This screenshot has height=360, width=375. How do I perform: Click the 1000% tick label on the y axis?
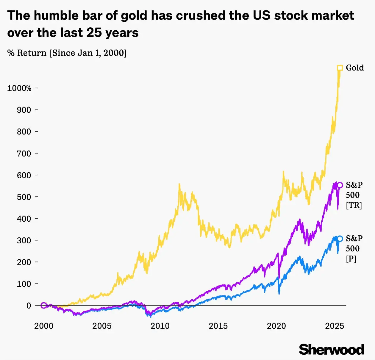pos(19,88)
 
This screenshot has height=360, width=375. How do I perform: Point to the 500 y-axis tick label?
pos(24,197)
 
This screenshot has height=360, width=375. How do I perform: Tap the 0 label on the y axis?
pos(29,306)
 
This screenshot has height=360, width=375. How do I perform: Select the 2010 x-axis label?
pos(160,326)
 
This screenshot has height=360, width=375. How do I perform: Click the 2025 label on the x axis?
pos(335,326)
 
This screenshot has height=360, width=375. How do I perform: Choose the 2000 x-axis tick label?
pos(44,326)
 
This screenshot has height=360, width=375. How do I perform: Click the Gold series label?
pos(355,68)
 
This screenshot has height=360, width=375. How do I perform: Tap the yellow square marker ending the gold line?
pos(340,68)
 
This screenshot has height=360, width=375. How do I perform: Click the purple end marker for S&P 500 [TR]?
pos(340,185)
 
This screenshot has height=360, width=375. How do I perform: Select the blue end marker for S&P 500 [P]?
pos(340,239)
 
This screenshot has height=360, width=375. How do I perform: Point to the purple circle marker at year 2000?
pos(44,305)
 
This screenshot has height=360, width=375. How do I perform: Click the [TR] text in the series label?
pos(354,205)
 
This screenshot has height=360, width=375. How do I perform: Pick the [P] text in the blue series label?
pos(351,259)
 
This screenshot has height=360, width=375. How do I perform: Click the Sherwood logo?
pos(332,349)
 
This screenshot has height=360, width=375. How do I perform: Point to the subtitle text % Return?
pos(27,53)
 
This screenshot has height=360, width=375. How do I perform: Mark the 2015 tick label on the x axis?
pos(218,326)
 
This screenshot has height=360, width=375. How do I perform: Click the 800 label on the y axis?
pos(24,132)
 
